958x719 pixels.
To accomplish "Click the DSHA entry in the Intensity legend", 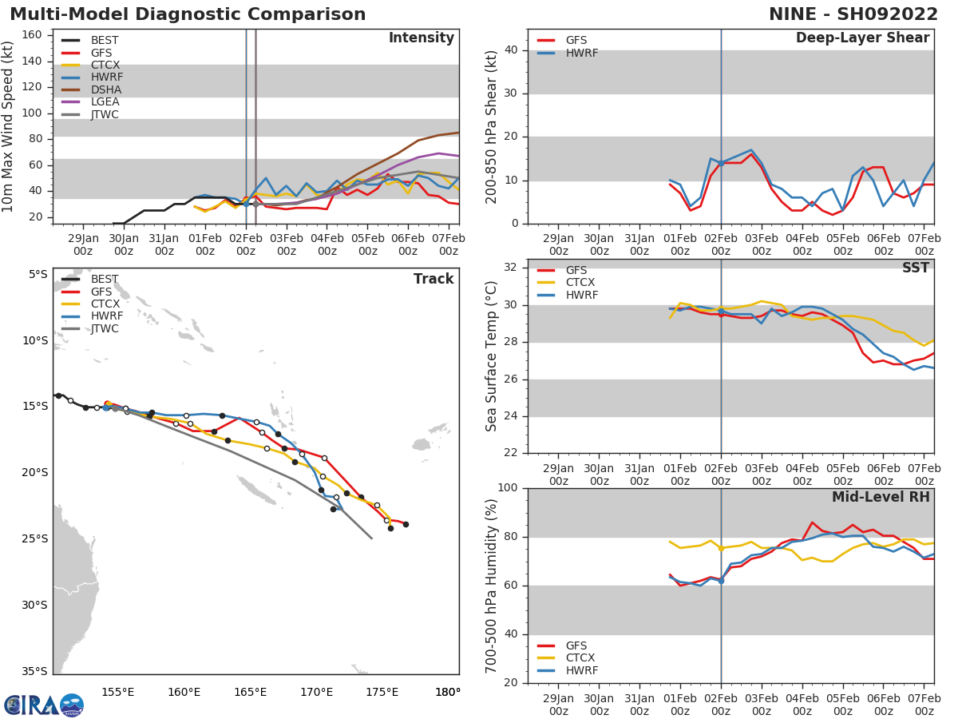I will (x=105, y=89).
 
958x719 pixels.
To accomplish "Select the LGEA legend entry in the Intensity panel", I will (x=105, y=102).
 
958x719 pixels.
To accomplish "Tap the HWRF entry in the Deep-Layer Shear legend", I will (x=579, y=54).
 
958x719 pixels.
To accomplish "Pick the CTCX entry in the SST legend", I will (x=580, y=283).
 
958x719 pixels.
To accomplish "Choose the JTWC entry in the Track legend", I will (x=105, y=329).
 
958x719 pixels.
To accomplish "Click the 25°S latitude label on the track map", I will (x=34, y=538).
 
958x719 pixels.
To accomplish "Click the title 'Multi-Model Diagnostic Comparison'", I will (x=188, y=14).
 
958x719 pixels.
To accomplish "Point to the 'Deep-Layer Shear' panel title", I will (x=862, y=38).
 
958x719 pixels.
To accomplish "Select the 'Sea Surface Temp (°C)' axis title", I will (x=492, y=356).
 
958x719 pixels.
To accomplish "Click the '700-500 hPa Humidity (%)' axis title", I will (x=492, y=586).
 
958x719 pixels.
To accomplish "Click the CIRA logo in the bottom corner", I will (x=43, y=705).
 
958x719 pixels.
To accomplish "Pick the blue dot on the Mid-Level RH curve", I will (x=721, y=581).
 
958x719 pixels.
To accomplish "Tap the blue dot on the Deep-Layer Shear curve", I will (x=721, y=163).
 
